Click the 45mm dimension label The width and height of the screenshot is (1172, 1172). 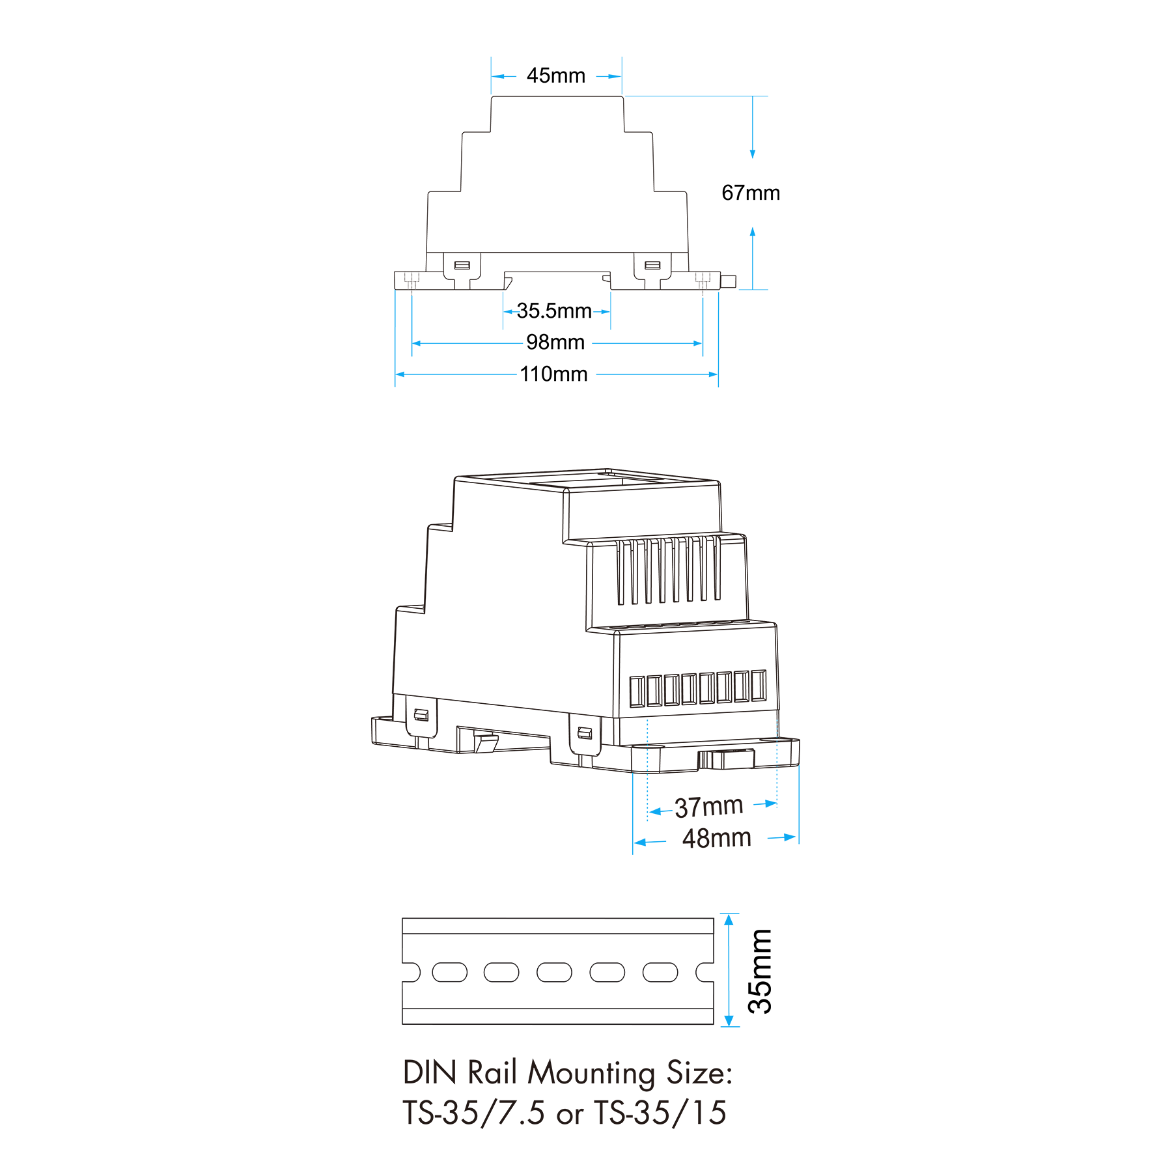(556, 76)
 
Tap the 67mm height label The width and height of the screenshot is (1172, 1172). (751, 193)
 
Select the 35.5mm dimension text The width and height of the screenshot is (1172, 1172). (554, 311)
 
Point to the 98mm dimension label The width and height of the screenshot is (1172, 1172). (555, 342)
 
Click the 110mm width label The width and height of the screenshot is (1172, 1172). (553, 374)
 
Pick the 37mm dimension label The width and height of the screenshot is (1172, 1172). (709, 807)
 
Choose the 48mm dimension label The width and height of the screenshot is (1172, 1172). (717, 838)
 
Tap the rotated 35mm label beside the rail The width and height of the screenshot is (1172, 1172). (760, 971)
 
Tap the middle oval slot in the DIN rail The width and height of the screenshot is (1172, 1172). (554, 972)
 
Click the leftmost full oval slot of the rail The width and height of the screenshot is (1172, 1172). (449, 972)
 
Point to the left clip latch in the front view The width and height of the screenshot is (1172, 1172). (462, 265)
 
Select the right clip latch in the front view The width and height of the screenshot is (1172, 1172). (652, 265)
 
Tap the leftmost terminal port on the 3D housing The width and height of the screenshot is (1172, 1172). (637, 691)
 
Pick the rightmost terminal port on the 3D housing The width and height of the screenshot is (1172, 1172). (759, 685)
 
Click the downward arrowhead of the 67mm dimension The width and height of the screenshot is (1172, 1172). (753, 154)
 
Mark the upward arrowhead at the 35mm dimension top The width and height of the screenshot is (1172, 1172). (729, 919)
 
